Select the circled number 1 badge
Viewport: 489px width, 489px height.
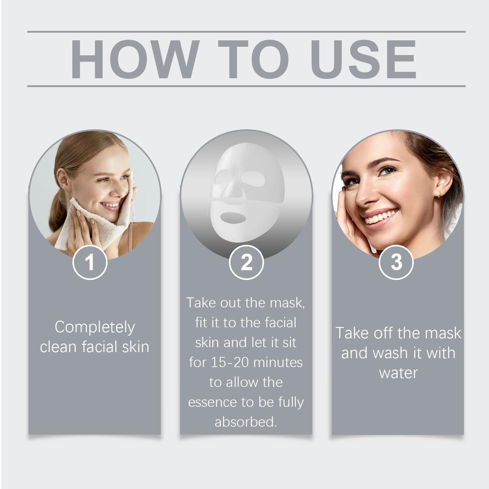[x=90, y=262]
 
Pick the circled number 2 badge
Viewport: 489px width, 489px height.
[x=246, y=262]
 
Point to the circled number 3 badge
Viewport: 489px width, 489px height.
[x=396, y=262]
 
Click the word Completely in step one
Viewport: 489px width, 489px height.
[x=95, y=328]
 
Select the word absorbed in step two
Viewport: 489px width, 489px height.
[x=245, y=422]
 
